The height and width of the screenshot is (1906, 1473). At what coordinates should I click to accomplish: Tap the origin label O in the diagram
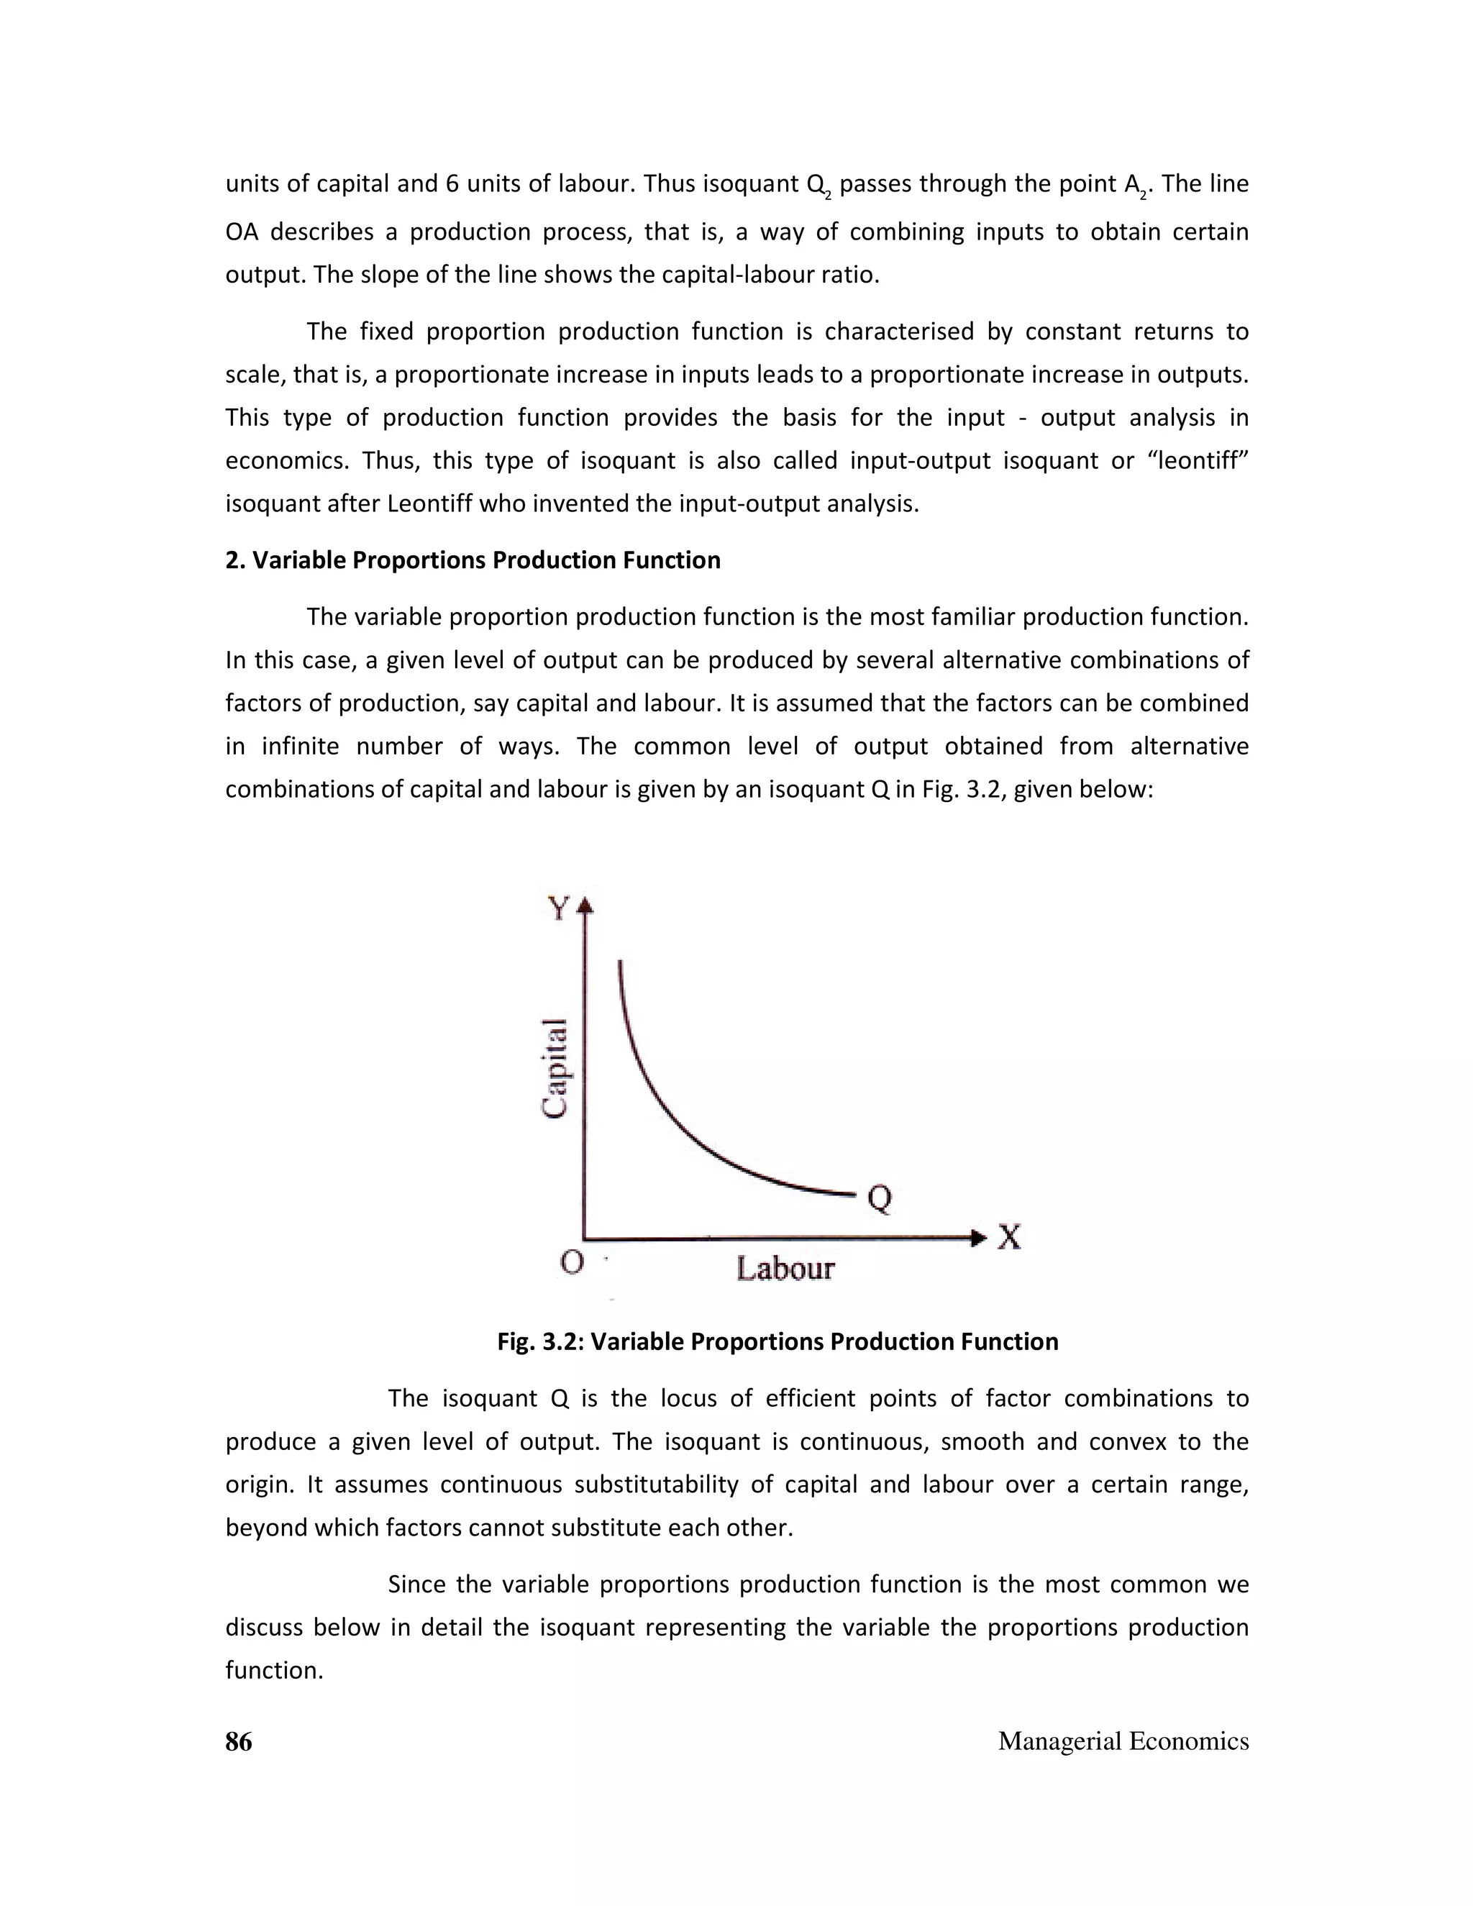pyautogui.click(x=572, y=1262)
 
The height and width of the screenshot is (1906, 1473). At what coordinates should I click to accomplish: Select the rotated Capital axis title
pyautogui.click(x=556, y=1067)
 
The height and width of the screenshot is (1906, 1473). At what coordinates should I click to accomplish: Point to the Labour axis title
pyautogui.click(x=785, y=1268)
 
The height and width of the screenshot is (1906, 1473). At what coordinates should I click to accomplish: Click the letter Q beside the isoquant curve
pyautogui.click(x=880, y=1199)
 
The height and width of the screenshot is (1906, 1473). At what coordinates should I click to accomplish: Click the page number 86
pyautogui.click(x=238, y=1741)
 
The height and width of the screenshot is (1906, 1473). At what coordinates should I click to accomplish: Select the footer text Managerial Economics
pyautogui.click(x=1123, y=1741)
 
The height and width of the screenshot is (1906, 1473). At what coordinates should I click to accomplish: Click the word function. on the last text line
pyautogui.click(x=274, y=1670)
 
